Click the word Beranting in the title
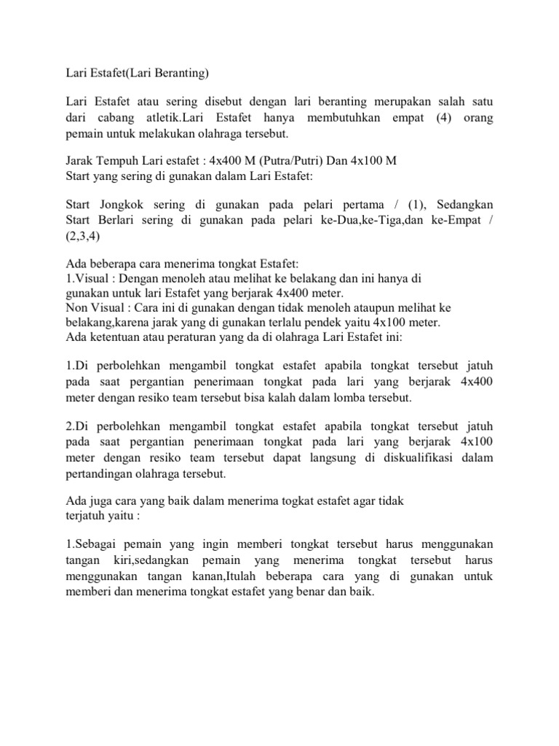181,73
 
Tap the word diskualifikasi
416,458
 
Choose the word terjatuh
85,516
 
